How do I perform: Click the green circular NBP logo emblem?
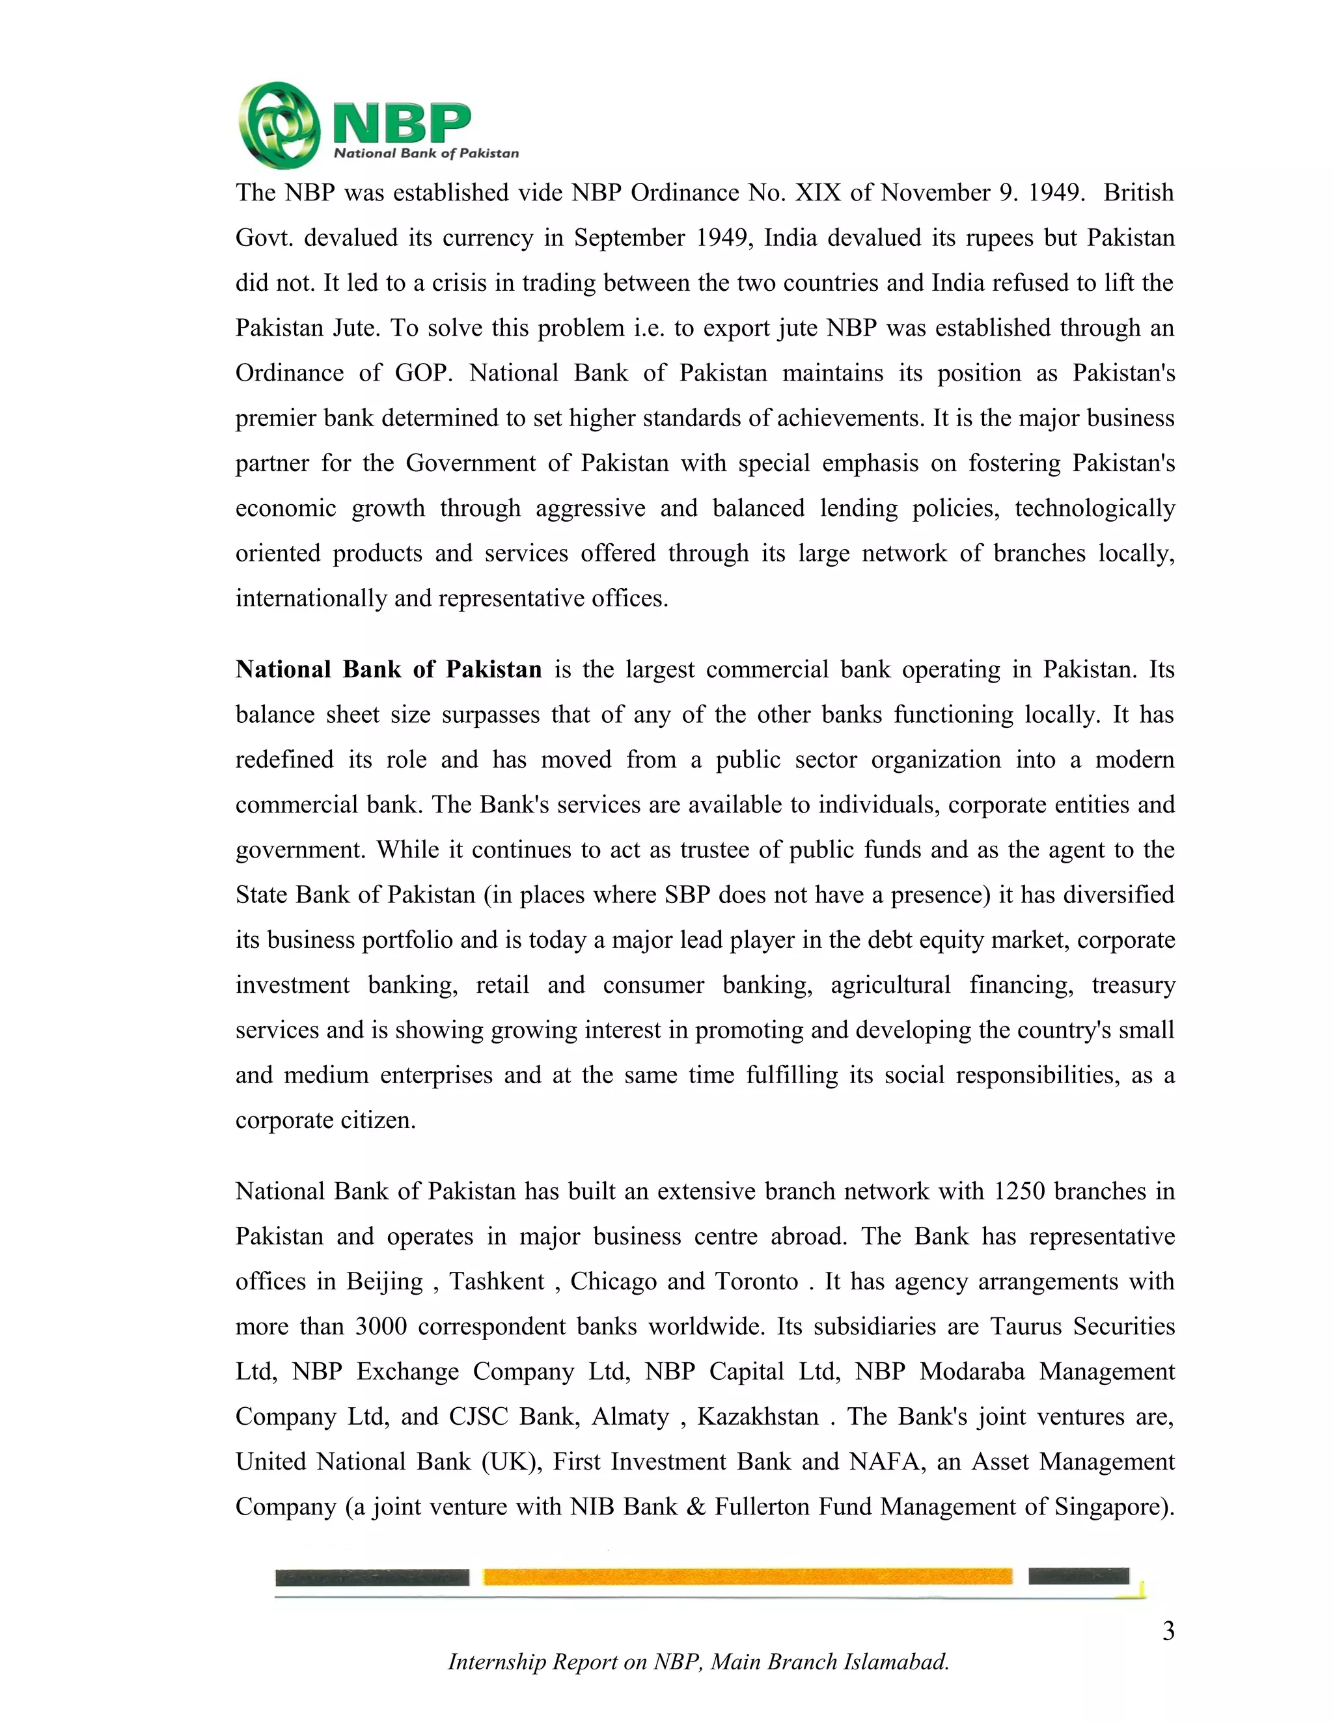(279, 126)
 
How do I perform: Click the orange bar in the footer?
(747, 1576)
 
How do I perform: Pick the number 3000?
(381, 1326)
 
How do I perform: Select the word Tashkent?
(497, 1281)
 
